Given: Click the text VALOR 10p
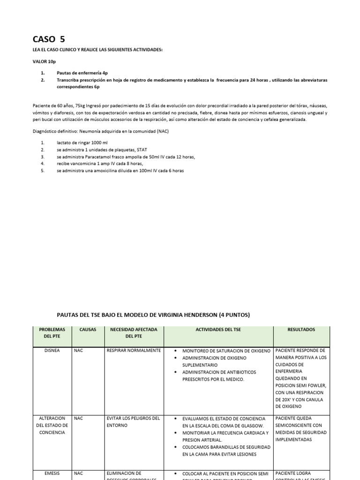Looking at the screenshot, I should (45, 61).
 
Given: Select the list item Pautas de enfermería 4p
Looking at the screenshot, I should (82, 73).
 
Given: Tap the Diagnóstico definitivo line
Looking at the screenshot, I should (100, 131).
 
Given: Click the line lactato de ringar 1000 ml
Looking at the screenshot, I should (82, 142).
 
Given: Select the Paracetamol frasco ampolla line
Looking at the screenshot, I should (126, 157).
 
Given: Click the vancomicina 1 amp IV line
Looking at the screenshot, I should (97, 164).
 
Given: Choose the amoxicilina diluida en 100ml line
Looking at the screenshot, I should (120, 171).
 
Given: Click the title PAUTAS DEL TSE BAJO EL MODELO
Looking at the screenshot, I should (153, 315).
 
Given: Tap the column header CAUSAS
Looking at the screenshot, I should (88, 330).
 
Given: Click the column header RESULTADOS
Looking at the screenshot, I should (301, 330).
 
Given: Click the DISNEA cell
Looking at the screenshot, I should (52, 351).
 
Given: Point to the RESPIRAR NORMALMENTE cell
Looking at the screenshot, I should (134, 351).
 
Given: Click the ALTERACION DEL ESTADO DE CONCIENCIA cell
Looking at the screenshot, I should (52, 425).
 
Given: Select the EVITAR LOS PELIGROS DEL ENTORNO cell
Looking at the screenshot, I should (134, 422).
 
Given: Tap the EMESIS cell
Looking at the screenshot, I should (52, 473).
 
